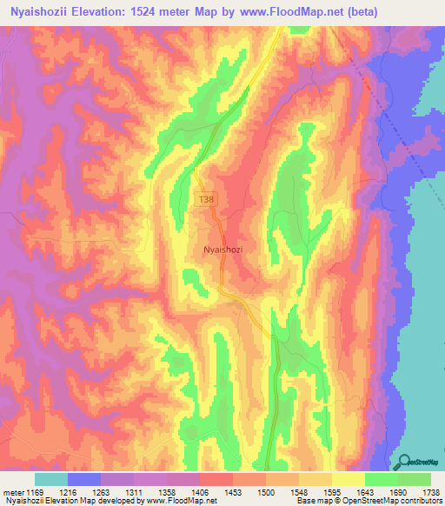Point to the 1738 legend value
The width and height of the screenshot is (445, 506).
[430, 491]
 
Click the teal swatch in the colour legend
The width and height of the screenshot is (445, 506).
[51, 479]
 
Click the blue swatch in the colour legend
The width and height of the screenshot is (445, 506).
[84, 479]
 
